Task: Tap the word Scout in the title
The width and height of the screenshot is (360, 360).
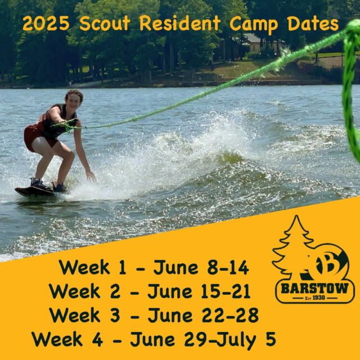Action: click(x=106, y=24)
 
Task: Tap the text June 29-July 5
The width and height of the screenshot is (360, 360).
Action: click(x=203, y=339)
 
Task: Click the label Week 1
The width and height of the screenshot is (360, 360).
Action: click(x=91, y=266)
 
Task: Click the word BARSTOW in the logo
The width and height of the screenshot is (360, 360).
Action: click(x=316, y=290)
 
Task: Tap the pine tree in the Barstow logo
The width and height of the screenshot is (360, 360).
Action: click(x=293, y=247)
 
